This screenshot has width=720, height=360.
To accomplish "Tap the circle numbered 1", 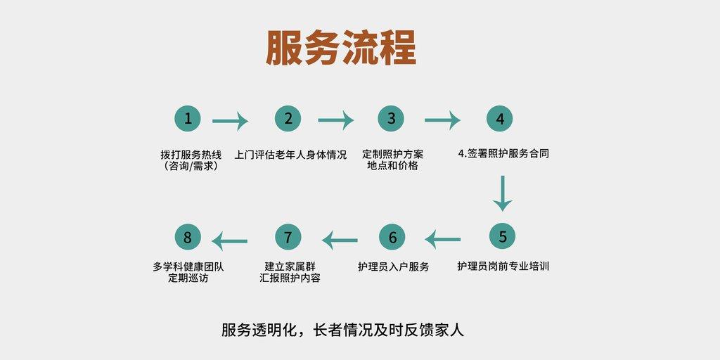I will (188, 119).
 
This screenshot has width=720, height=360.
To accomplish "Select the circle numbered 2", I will (288, 119).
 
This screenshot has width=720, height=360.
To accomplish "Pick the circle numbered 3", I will (391, 119).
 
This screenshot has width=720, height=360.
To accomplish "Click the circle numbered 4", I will (500, 119).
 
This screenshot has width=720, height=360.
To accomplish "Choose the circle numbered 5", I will (502, 237).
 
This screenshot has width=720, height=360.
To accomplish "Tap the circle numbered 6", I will (392, 238).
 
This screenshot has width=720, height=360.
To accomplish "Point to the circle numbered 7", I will (287, 238).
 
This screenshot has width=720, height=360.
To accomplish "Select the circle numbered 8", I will (188, 238).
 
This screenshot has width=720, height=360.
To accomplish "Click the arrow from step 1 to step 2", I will (230, 122).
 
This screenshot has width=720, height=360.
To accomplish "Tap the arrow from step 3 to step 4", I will (442, 120).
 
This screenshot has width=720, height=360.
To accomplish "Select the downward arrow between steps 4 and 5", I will (502, 193).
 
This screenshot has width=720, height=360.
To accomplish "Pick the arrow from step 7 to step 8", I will (230, 241).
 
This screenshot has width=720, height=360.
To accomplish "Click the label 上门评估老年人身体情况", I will (290, 154).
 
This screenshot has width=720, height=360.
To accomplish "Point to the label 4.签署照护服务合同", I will (503, 154).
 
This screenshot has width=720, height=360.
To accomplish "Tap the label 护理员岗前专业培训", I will (503, 266).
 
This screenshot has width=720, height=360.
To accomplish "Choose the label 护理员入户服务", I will (393, 266).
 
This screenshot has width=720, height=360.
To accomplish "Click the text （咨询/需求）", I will (188, 167).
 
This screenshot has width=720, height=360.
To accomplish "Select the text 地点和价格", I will (392, 166).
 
